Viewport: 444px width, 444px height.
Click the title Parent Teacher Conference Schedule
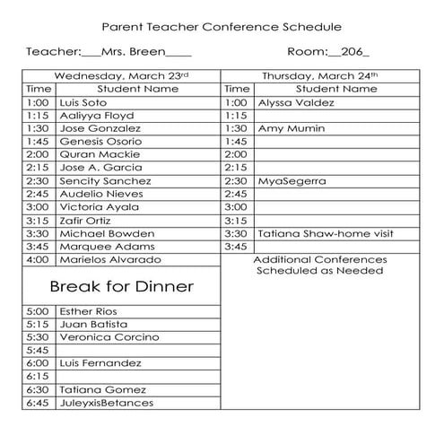coord(221,28)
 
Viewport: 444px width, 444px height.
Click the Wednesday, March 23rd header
coord(121,76)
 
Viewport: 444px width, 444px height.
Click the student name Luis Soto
coord(83,102)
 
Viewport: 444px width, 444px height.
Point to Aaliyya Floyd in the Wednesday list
coord(97,116)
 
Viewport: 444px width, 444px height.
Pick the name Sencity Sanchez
coord(105,180)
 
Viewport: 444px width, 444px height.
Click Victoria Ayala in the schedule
coord(100,206)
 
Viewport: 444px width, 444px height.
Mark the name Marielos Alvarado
coord(109,259)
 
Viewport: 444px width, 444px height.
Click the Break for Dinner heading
coord(121,287)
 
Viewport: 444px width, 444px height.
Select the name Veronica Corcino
coord(109,337)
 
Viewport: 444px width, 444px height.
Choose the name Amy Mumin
coord(288,128)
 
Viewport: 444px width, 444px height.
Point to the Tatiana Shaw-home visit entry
coord(326,233)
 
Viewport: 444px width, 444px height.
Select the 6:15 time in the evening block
coord(38,377)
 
